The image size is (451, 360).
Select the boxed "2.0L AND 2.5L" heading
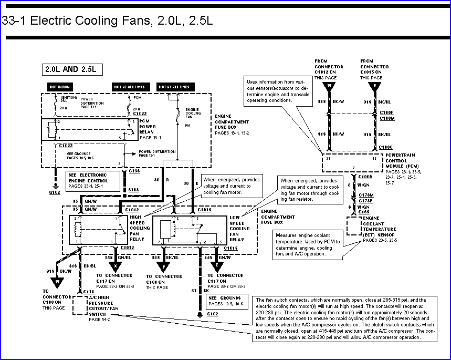(x=73, y=69)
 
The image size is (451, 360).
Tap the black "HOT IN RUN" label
(x=61, y=87)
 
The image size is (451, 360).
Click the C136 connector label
(x=134, y=171)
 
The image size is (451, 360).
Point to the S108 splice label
(x=134, y=188)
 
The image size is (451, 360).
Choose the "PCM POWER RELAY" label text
(x=148, y=127)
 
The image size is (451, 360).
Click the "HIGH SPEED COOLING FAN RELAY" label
(x=140, y=228)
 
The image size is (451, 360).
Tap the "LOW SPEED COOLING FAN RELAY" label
(x=240, y=228)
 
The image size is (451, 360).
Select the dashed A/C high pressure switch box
(x=80, y=305)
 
